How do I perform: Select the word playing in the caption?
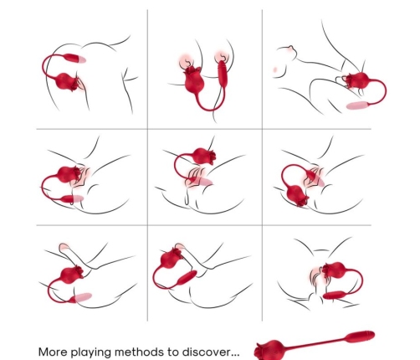coord(99,352)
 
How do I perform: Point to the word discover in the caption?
coord(213,351)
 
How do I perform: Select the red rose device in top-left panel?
coord(68,83)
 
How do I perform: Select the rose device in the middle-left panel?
coord(67,176)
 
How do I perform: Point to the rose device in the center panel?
coord(202,155)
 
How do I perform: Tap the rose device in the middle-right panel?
coord(298,195)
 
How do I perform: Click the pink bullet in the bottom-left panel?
coord(81,297)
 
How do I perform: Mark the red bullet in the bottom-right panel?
coord(340,296)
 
